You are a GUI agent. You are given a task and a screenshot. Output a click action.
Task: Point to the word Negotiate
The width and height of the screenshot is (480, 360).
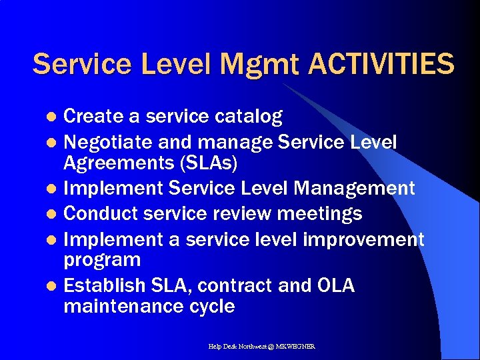[x=108, y=143]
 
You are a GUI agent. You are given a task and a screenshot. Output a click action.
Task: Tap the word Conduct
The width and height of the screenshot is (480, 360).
[x=99, y=213]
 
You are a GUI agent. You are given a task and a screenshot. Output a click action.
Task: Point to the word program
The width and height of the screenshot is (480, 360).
[x=102, y=260]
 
